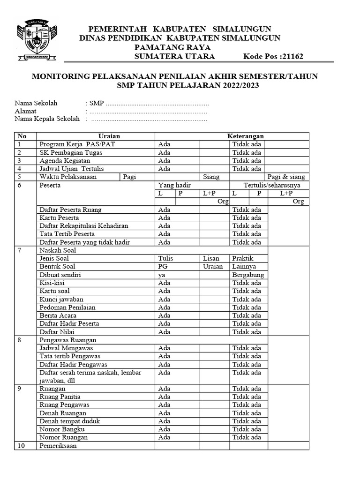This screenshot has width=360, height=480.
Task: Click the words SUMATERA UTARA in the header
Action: pos(174,57)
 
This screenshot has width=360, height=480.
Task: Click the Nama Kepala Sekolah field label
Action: pos(47,119)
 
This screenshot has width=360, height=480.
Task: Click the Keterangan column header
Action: pos(245,136)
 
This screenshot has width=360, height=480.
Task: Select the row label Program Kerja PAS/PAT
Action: pos(77,144)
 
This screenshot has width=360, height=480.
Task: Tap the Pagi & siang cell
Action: pos(286,177)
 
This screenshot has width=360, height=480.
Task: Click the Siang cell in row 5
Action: pos(211,177)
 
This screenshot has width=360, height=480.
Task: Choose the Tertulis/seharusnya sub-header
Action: pos(272,185)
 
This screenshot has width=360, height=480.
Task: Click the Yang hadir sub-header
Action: pos(174,185)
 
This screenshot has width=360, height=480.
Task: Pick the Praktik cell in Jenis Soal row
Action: pos(243,258)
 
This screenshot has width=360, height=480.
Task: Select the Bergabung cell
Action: pos(248,275)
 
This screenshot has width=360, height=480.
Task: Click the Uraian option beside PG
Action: pos(213,266)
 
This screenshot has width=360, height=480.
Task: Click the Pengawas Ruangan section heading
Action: pos(68,340)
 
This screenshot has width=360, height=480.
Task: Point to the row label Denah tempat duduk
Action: pos(70,421)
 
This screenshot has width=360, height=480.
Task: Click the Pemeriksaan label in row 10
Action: pos(58,446)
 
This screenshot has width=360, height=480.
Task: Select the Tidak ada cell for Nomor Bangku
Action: pos(247,429)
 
